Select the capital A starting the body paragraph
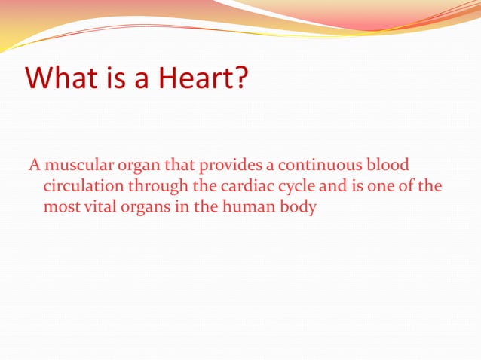[x=33, y=165]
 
